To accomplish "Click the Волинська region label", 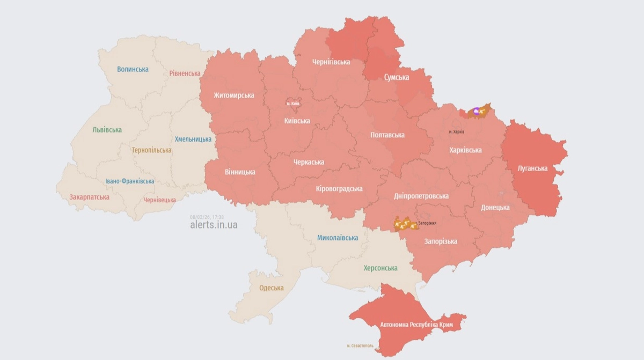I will click(133, 69).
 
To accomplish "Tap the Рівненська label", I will click(185, 74).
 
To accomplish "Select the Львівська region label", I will click(107, 130).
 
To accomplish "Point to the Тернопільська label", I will click(152, 150).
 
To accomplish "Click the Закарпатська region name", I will click(89, 197).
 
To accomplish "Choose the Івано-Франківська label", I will click(129, 181).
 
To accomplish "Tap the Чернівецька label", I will click(159, 200).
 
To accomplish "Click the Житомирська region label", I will click(233, 95).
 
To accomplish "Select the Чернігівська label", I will click(331, 62).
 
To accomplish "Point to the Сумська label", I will click(396, 77).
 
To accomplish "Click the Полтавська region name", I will click(387, 135).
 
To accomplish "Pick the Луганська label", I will click(532, 168).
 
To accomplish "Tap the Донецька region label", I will click(495, 208).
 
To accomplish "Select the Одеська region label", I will click(271, 288).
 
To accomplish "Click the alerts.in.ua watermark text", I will click(214, 225).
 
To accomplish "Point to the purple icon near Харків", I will click(476, 111).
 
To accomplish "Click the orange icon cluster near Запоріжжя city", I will click(405, 223).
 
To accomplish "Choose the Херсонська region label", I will click(380, 268).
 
